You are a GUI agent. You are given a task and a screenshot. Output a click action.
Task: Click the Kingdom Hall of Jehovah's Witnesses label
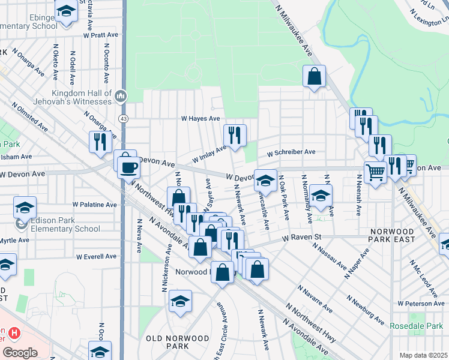point(82,97)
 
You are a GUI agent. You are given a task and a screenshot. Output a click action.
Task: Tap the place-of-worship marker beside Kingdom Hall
point(120,96)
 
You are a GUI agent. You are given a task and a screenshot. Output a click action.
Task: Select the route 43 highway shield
point(122,119)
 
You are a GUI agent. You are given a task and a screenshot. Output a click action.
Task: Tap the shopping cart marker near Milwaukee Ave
point(375,173)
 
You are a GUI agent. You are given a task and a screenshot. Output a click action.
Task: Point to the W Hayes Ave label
point(201,119)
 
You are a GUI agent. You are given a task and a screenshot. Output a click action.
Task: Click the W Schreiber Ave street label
point(291,152)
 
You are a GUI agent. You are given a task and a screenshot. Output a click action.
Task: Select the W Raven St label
point(307,238)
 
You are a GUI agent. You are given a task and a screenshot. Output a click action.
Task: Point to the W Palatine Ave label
point(95,205)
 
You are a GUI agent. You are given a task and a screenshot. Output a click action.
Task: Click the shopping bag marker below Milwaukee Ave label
point(314,77)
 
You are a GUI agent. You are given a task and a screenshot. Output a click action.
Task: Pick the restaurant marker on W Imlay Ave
point(235,136)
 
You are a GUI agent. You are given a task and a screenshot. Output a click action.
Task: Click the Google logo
point(20,353)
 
